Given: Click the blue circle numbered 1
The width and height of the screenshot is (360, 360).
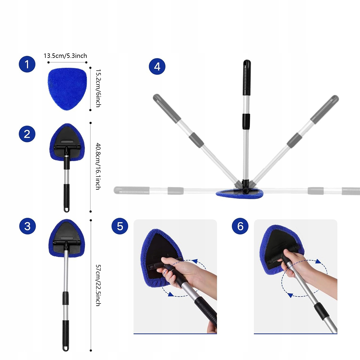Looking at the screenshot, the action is pyautogui.click(x=27, y=64).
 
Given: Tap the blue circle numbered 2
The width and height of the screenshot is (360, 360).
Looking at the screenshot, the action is pyautogui.click(x=27, y=134).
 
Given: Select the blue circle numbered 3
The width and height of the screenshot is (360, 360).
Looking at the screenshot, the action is pyautogui.click(x=27, y=226).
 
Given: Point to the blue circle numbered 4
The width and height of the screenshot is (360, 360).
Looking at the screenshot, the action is pyautogui.click(x=157, y=67).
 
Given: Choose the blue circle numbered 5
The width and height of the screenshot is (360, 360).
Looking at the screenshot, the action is pyautogui.click(x=120, y=226).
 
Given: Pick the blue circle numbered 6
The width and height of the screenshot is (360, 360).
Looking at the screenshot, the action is pyautogui.click(x=240, y=226).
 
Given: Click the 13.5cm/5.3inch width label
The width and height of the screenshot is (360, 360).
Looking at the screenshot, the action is pyautogui.click(x=65, y=56).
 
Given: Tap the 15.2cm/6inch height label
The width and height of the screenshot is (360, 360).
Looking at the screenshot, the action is pyautogui.click(x=98, y=88).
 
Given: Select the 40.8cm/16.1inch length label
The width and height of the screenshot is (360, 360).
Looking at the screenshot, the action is pyautogui.click(x=98, y=166).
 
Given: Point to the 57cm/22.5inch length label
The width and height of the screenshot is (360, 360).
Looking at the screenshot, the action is pyautogui.click(x=98, y=285).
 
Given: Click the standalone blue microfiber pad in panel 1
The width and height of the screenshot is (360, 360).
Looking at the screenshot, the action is pyautogui.click(x=67, y=89).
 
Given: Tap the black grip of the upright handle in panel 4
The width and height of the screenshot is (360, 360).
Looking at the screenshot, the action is pyautogui.click(x=247, y=77).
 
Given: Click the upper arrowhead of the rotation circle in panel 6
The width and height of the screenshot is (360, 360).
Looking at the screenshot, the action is pyautogui.click(x=318, y=261).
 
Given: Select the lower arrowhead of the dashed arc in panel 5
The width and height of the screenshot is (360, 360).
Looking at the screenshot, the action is pyautogui.click(x=171, y=294).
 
